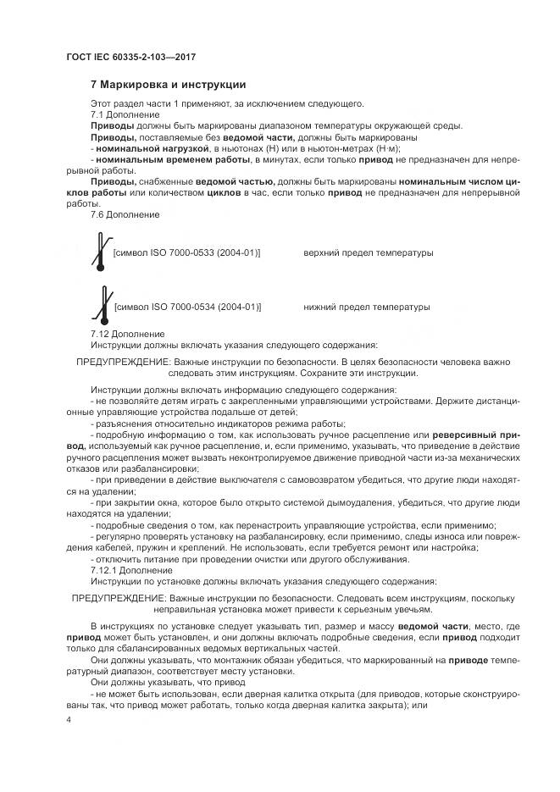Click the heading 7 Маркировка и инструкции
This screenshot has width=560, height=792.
(168, 85)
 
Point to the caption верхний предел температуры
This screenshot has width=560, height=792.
(368, 253)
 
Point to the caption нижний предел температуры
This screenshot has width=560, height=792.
(366, 307)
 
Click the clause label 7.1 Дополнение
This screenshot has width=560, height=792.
(125, 114)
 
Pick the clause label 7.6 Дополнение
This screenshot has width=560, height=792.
(125, 214)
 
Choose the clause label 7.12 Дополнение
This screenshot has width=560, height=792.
(127, 334)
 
